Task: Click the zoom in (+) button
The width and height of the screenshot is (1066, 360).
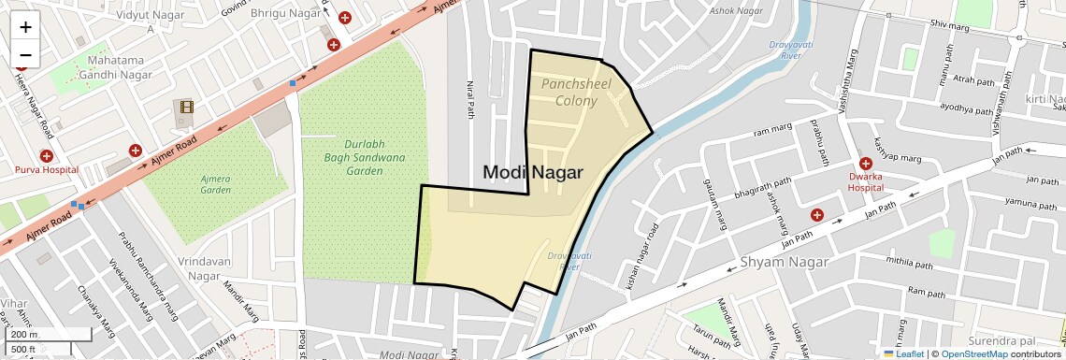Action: click(x=25, y=26)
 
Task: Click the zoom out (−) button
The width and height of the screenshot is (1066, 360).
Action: click(x=25, y=54)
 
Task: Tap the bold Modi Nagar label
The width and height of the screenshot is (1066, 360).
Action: click(x=533, y=172)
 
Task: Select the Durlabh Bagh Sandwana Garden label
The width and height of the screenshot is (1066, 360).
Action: click(x=352, y=158)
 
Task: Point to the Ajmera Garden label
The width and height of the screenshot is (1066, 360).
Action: click(x=215, y=183)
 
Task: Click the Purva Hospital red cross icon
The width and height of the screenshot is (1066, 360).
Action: click(x=46, y=155)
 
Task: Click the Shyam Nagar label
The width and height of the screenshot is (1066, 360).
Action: click(x=784, y=263)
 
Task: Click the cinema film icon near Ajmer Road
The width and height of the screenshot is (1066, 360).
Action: click(x=186, y=108)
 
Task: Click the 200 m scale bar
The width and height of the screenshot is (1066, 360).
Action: click(x=50, y=334)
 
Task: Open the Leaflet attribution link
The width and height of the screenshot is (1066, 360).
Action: click(x=903, y=353)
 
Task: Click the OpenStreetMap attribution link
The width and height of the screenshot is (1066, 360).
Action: click(x=973, y=353)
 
